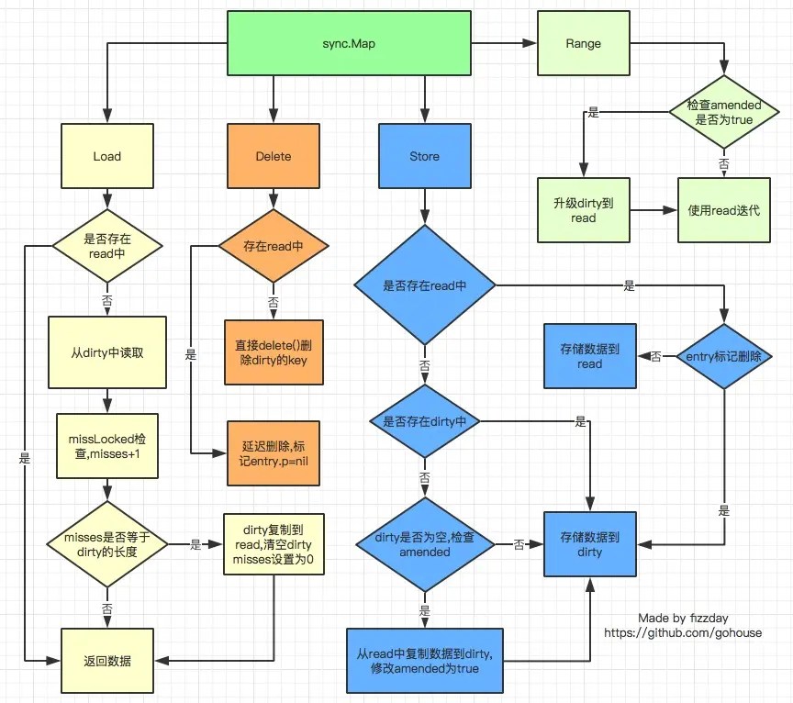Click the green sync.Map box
point(349,43)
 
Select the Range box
point(583,43)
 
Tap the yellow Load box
point(107,156)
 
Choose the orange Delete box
point(274,156)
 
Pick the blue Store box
point(425,156)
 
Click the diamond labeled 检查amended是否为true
point(724,112)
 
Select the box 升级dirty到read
point(583,210)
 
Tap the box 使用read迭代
point(724,210)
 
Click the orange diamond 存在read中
point(274,246)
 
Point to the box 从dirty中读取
point(107,352)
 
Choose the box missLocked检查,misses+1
point(107,446)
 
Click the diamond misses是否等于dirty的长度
point(107,545)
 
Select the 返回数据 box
point(107,661)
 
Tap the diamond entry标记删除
point(724,357)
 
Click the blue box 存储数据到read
point(589,357)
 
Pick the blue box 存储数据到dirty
point(589,544)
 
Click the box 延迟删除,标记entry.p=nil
point(274,453)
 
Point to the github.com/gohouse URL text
point(683,632)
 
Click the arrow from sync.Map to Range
point(504,43)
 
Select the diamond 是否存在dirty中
point(425,421)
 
